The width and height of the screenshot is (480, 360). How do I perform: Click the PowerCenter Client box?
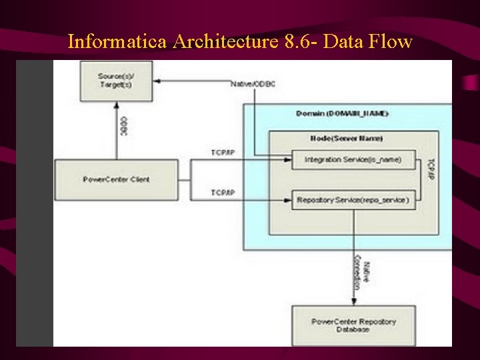[x=116, y=179]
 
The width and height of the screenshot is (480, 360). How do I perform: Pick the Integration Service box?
[x=353, y=160]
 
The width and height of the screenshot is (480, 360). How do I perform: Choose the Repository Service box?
[x=353, y=199]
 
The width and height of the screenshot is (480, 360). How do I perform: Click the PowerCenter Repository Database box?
[x=353, y=325]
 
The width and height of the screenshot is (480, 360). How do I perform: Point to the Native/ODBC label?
[x=253, y=84]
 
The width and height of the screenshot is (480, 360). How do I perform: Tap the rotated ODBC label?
[x=123, y=126]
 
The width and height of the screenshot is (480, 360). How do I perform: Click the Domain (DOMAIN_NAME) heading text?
[x=342, y=113]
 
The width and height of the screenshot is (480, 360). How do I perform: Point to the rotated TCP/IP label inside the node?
[x=430, y=171]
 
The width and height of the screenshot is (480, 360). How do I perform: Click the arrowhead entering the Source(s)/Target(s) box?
[x=157, y=82]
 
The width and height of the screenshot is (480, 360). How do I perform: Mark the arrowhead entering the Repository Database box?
[x=353, y=301]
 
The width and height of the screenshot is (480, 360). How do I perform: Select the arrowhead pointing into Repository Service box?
[x=289, y=199]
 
